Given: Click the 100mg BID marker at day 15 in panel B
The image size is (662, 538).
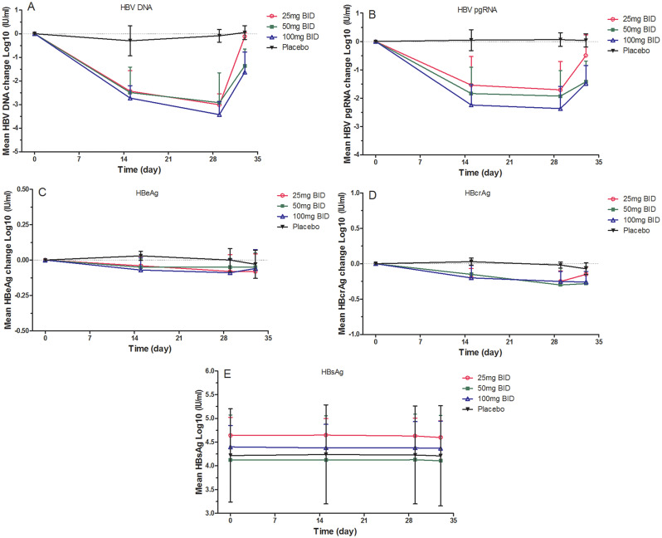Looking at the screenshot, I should [471, 105].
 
